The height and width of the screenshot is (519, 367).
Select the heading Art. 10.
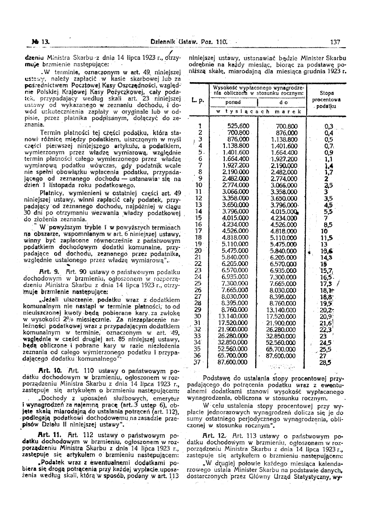pyautogui.click(x=50, y=371)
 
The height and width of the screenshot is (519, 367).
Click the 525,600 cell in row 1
pyautogui.click(x=238, y=126)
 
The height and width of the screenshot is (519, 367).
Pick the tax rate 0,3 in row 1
pyautogui.click(x=328, y=126)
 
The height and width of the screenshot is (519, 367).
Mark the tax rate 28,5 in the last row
pyautogui.click(x=325, y=362)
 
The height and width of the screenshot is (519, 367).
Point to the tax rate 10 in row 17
pyautogui.click(x=325, y=231)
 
